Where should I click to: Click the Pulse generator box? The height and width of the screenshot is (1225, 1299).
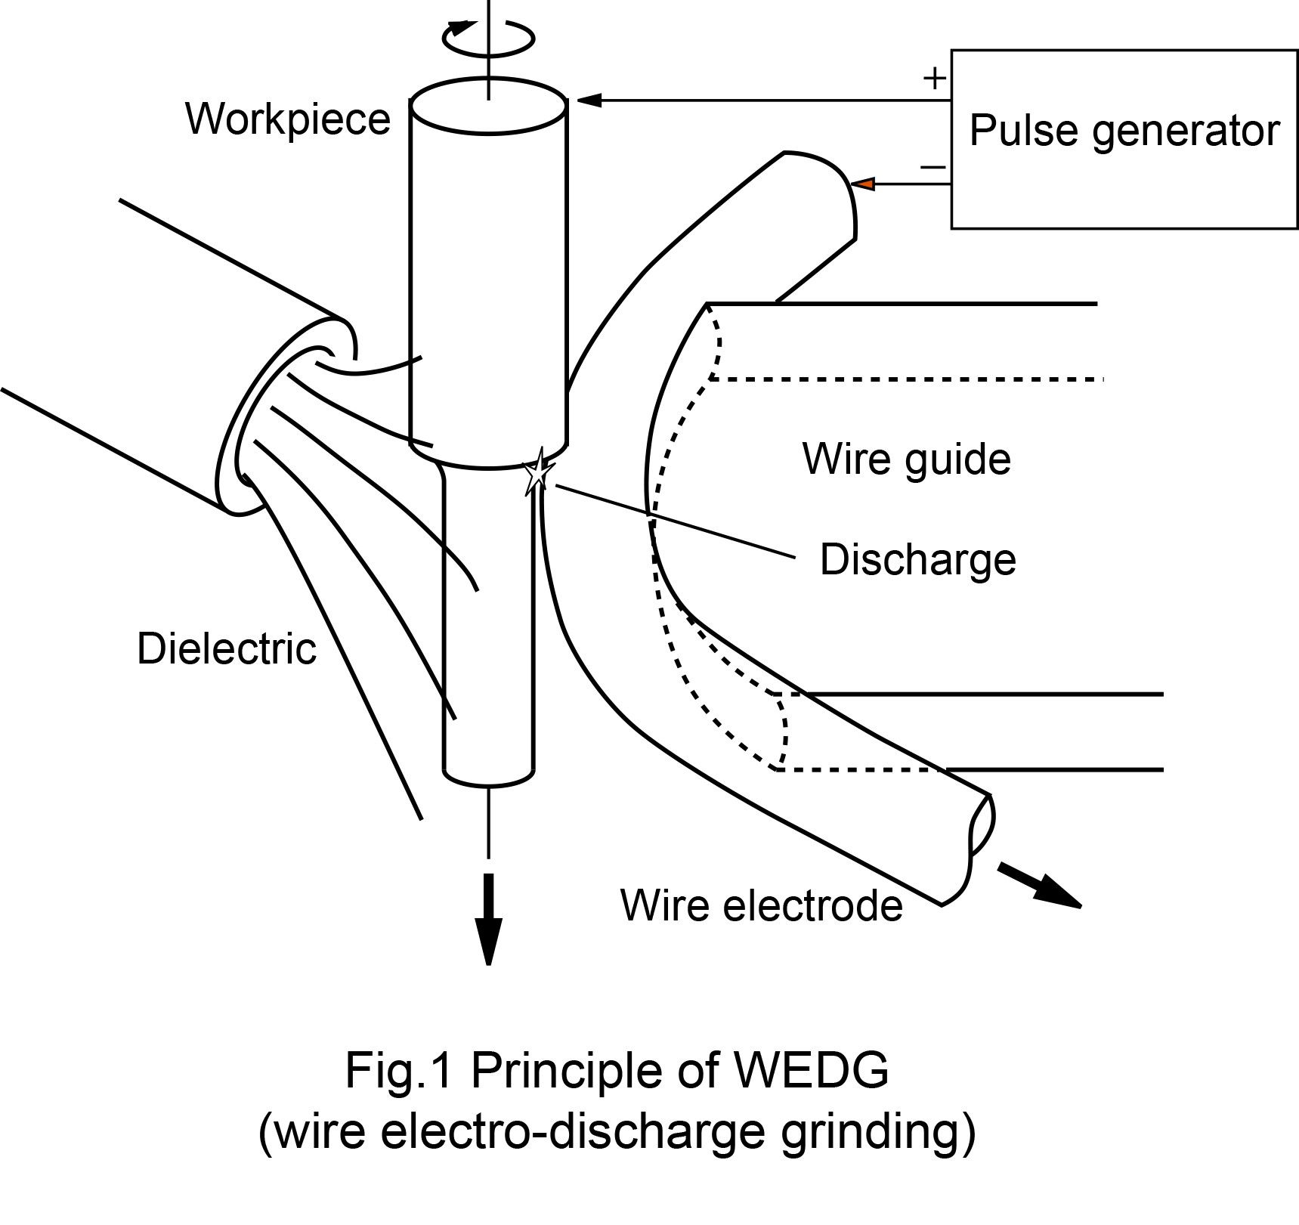pos(1124,139)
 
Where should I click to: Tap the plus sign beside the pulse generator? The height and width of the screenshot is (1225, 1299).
pos(935,79)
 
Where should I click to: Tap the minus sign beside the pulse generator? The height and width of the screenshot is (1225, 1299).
pos(933,167)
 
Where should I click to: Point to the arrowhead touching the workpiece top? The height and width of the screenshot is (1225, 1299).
pos(589,100)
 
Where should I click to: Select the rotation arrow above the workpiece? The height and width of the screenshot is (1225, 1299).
pos(487,36)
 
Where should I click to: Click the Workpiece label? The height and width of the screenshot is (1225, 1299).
pos(288,119)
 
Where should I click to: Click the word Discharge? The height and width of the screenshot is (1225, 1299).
pos(917,560)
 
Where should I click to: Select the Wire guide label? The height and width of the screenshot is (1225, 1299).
pos(906,459)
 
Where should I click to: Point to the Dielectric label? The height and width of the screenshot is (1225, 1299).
pos(226,648)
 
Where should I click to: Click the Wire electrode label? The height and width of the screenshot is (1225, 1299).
pos(761,905)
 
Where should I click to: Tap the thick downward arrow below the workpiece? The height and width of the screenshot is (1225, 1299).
pos(488,919)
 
